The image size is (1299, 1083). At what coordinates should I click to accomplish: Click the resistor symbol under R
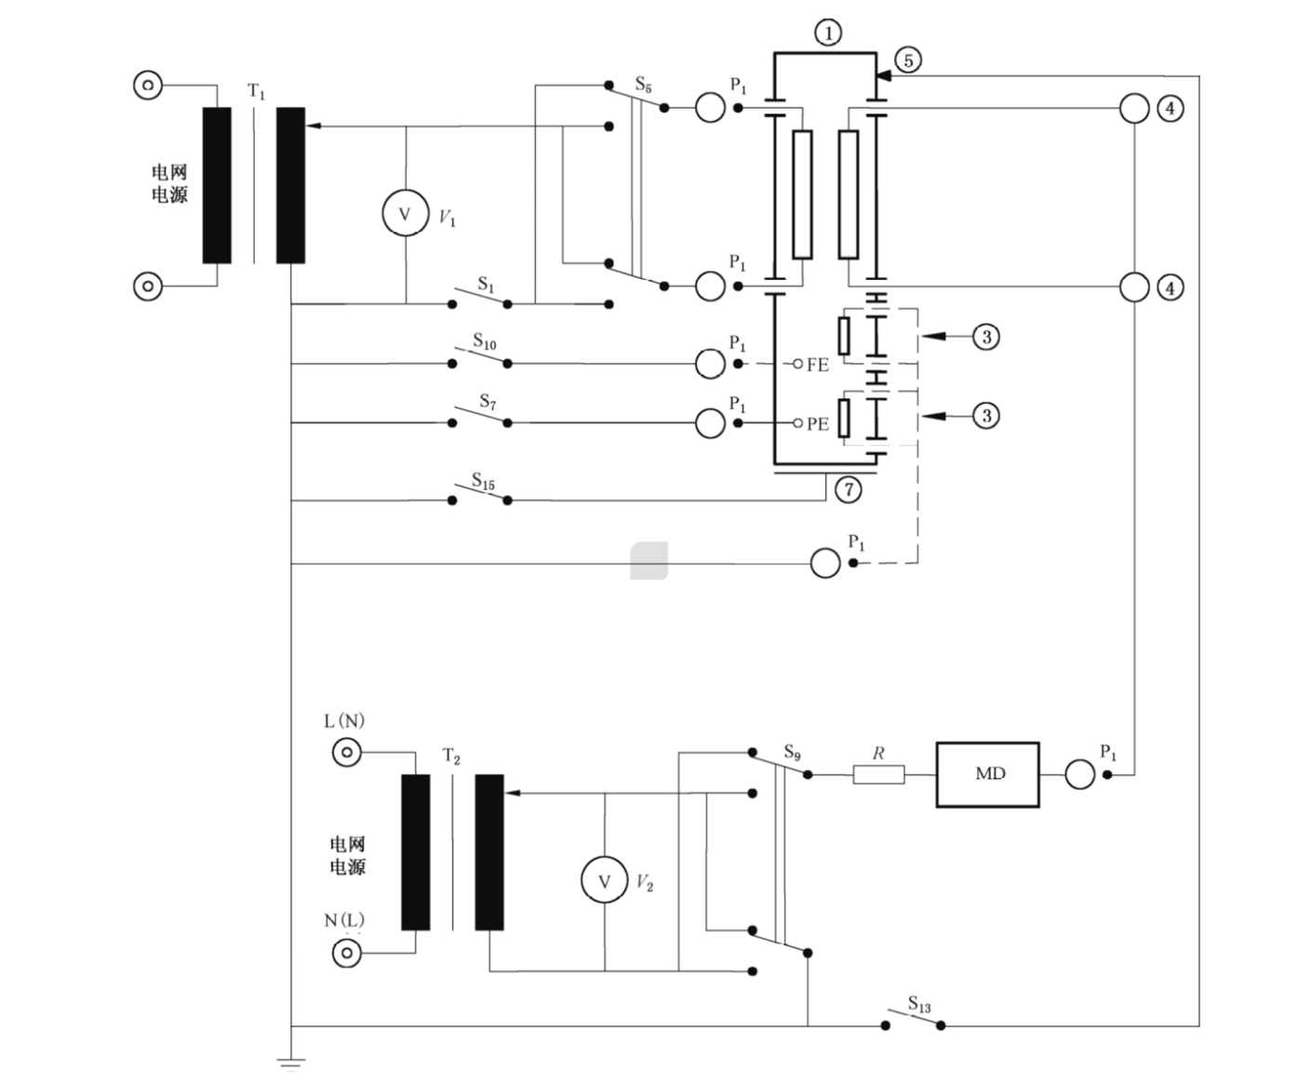pyautogui.click(x=878, y=774)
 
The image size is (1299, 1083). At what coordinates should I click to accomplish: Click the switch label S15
pyautogui.click(x=483, y=481)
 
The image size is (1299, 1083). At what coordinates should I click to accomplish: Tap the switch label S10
pyautogui.click(x=485, y=341)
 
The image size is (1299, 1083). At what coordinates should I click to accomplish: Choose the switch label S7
pyautogui.click(x=488, y=401)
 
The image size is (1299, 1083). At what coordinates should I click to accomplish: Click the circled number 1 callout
pyautogui.click(x=828, y=33)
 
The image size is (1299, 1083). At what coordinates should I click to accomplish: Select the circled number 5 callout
pyautogui.click(x=908, y=60)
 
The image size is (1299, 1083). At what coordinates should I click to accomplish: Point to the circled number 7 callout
pyautogui.click(x=849, y=489)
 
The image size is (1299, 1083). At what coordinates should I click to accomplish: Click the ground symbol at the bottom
pyautogui.click(x=291, y=1064)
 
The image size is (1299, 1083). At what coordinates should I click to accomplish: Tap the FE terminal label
pyautogui.click(x=818, y=365)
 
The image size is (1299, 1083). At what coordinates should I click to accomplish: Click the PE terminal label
pyautogui.click(x=818, y=424)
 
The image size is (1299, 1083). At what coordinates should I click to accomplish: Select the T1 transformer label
pyautogui.click(x=256, y=91)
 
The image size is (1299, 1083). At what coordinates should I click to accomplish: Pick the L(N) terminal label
pyautogui.click(x=344, y=721)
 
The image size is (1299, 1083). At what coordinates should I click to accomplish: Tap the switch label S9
pyautogui.click(x=792, y=752)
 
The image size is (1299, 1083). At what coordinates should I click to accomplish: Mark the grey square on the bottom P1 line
pyautogui.click(x=649, y=560)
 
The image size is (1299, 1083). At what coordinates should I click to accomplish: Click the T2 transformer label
pyautogui.click(x=451, y=756)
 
